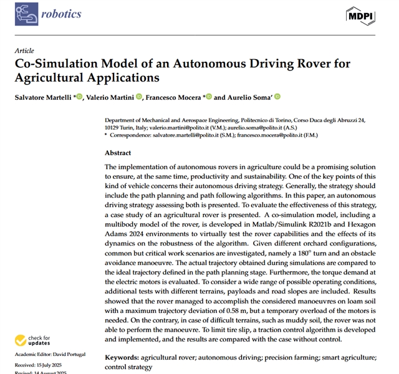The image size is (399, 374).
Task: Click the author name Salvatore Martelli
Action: click(43, 97)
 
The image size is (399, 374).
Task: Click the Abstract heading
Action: click(118, 153)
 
